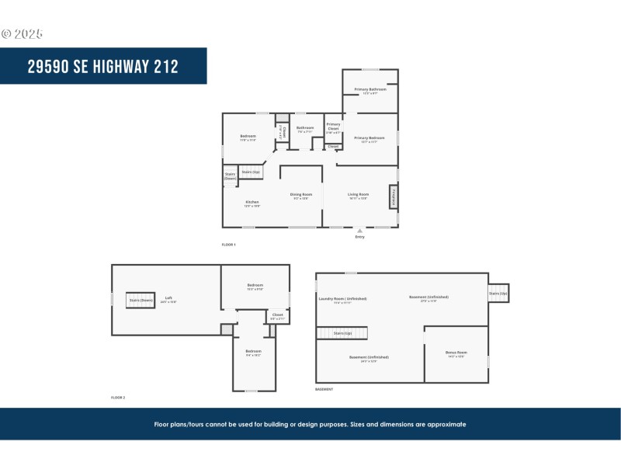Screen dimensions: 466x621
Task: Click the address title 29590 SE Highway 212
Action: click(102, 66)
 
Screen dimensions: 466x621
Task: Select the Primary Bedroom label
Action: click(370, 138)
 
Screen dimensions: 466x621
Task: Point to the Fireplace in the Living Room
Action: click(394, 196)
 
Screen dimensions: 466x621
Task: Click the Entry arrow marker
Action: click(359, 230)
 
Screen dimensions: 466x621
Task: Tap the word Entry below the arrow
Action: click(359, 237)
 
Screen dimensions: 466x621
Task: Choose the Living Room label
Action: click(358, 194)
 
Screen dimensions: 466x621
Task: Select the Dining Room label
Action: click(301, 194)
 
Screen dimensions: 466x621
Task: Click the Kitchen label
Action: click(252, 202)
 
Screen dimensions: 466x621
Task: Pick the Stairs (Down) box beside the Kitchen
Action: click(231, 176)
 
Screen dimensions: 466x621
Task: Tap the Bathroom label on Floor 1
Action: click(305, 127)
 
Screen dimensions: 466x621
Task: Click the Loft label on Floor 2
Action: click(168, 298)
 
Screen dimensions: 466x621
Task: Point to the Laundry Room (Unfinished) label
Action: click(342, 298)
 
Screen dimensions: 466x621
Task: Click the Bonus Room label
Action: click(456, 354)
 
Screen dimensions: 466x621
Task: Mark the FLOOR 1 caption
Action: click(228, 245)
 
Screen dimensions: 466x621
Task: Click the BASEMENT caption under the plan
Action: click(324, 389)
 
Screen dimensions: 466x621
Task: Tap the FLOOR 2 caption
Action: click(118, 397)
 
